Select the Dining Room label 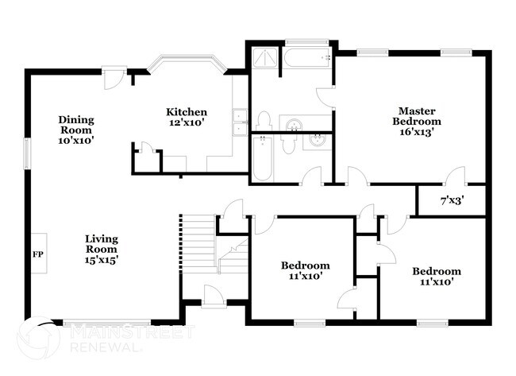coord(76,130)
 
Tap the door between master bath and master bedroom coord(325,98)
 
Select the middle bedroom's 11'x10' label coord(305,271)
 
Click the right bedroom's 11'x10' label coord(436,277)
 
